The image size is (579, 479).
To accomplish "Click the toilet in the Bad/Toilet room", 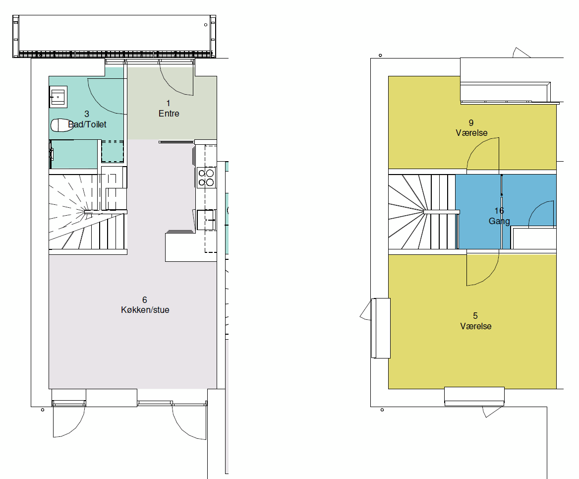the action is [61, 125].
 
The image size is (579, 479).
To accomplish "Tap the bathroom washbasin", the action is [58, 97].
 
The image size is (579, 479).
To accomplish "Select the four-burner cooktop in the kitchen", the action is [206, 178].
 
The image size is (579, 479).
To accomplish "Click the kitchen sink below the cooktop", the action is [206, 220].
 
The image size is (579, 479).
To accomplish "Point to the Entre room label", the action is [169, 114].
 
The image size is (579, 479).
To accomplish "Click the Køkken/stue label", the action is [145, 310].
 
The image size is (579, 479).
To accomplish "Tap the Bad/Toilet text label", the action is [87, 124].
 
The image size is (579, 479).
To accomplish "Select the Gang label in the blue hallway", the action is [499, 221].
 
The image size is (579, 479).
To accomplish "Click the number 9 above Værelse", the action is [471, 122].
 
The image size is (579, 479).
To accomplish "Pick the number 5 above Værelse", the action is [475, 316].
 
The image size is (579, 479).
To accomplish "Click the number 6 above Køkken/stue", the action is [145, 300].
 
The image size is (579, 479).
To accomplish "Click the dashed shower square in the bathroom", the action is [113, 151].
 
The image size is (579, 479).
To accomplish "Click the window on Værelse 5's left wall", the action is [381, 328].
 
